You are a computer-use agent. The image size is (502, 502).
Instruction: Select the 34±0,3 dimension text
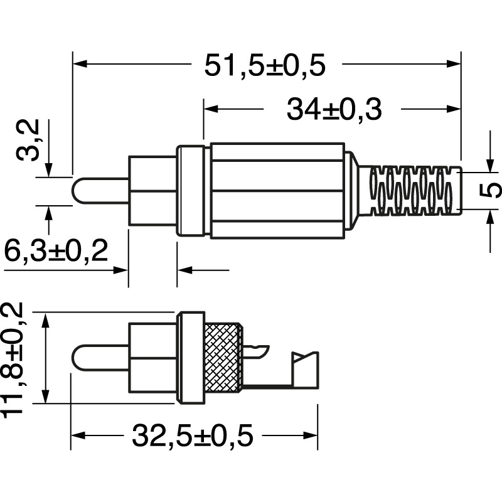(x=334, y=110)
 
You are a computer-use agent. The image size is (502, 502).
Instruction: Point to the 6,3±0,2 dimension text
(x=56, y=252)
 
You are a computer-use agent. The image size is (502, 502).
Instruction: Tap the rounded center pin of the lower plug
(x=100, y=358)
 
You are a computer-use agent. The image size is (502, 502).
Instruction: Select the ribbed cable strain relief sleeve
(x=414, y=190)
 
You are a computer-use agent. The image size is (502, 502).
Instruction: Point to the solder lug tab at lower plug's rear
(x=306, y=370)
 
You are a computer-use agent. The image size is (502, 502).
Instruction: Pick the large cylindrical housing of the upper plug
(x=277, y=191)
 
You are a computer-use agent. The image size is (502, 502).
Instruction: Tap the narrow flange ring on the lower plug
(x=191, y=357)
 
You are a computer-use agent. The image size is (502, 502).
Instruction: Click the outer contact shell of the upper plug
(x=152, y=191)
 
